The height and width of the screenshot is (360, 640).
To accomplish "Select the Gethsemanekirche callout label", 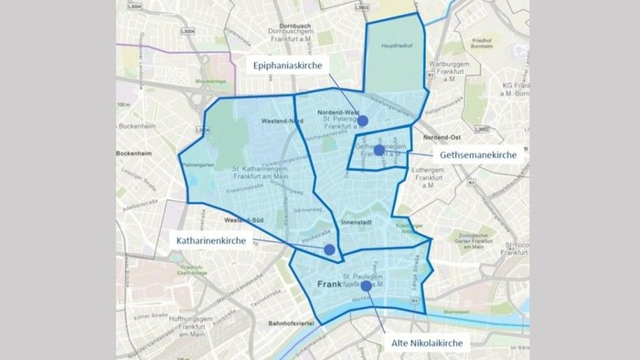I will tap(478, 155).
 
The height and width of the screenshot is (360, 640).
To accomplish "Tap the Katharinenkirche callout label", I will tap(213, 240).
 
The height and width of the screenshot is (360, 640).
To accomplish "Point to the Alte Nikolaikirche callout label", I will tap(425, 342).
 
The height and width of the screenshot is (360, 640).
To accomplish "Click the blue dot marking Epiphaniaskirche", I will tap(362, 121).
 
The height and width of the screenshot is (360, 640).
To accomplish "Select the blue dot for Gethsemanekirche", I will tap(379, 150).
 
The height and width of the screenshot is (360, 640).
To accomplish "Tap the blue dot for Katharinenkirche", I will tap(329, 249).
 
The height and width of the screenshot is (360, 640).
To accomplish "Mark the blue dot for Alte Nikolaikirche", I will tap(367, 286).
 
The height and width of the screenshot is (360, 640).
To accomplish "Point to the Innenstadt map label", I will tap(354, 221).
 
